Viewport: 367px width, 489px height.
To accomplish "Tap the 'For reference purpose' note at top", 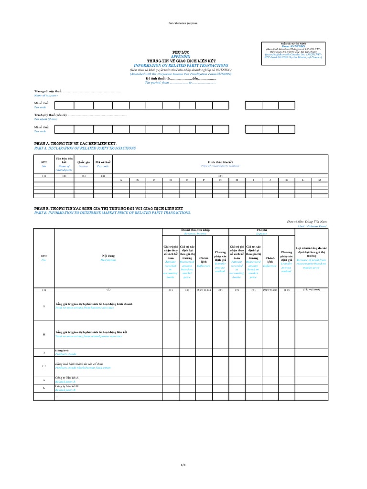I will coord(183,23).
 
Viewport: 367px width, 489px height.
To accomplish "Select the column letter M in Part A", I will coord(320,180).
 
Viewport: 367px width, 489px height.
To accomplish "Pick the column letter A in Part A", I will coord(121,180).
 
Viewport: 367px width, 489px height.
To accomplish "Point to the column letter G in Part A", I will coord(220,180).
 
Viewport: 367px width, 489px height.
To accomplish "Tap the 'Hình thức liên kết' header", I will coord(220,162).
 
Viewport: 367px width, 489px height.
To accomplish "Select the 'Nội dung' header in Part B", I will coord(108,256).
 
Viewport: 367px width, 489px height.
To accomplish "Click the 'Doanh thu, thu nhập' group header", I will coord(195,230).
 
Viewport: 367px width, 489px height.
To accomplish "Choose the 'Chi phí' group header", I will coord(262,230).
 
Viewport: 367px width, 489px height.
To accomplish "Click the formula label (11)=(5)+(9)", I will coord(312,289).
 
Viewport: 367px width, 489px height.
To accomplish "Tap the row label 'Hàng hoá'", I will coord(63,350).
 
